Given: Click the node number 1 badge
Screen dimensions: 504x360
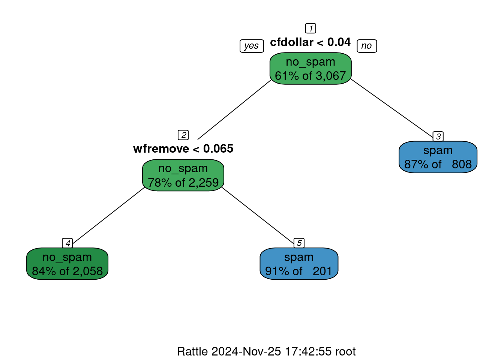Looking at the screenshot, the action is pyautogui.click(x=310, y=28).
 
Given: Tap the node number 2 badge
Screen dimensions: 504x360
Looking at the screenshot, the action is pyautogui.click(x=183, y=135).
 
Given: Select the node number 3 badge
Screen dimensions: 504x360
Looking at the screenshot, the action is pyautogui.click(x=438, y=136).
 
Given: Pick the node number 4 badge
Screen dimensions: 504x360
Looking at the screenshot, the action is pyautogui.click(x=67, y=243).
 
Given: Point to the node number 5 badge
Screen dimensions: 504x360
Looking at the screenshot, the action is pyautogui.click(x=299, y=243).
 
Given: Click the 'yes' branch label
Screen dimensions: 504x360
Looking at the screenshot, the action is pyautogui.click(x=252, y=46).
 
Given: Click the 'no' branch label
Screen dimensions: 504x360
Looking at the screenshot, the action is pyautogui.click(x=367, y=46).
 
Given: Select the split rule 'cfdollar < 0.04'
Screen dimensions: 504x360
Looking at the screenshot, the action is pyautogui.click(x=310, y=42).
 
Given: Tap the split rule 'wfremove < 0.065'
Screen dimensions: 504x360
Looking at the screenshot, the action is pyautogui.click(x=183, y=149).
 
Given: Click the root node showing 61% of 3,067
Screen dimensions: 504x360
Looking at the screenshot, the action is pyautogui.click(x=310, y=68).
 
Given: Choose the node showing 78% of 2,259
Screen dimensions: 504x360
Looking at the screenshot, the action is pyautogui.click(x=183, y=175).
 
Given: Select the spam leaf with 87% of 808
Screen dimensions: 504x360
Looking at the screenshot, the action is pyautogui.click(x=438, y=157).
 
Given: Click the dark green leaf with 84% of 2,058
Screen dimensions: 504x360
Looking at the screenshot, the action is pyautogui.click(x=67, y=264).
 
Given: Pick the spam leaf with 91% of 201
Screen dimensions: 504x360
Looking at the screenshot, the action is pyautogui.click(x=299, y=264).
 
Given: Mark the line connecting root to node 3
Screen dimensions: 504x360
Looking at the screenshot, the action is pyautogui.click(x=392, y=108).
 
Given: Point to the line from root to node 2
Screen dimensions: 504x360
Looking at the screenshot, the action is pyautogui.click(x=234, y=109).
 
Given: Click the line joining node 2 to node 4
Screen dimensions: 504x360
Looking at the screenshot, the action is pyautogui.click(x=108, y=216).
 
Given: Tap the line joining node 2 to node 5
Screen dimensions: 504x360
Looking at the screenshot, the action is pyautogui.click(x=258, y=215).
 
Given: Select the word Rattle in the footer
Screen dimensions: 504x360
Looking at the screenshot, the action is pyautogui.click(x=192, y=351).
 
